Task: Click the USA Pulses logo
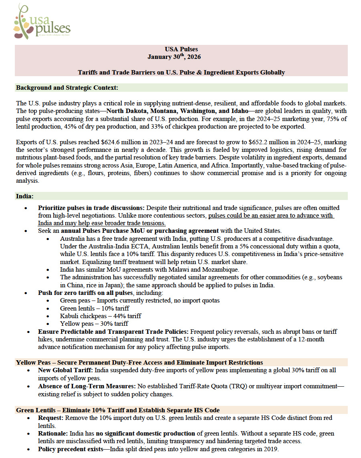[x=42, y=22]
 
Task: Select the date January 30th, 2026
[x=174, y=57]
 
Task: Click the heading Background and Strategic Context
[x=67, y=87]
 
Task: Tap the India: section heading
[x=25, y=196]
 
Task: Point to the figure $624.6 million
[x=113, y=142]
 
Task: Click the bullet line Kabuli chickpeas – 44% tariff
[x=100, y=316]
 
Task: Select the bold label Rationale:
[x=53, y=434]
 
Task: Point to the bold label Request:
[x=51, y=418]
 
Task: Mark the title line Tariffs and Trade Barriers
[x=181, y=73]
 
